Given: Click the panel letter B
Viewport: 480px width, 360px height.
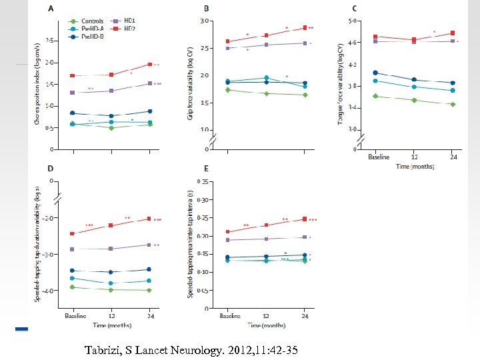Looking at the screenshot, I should (206, 9).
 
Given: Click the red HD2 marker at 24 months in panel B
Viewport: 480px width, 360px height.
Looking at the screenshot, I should (305, 27).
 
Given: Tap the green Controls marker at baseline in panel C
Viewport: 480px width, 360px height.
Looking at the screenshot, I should (375, 96).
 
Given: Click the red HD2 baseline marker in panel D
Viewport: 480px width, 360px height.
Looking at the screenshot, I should (72, 233).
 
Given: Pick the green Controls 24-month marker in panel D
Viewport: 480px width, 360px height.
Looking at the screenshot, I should (149, 290).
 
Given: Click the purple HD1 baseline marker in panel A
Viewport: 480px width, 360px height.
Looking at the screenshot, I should (72, 92).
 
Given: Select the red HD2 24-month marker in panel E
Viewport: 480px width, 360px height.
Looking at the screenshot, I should (305, 219).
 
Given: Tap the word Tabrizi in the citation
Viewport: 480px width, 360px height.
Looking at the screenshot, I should (105, 349).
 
